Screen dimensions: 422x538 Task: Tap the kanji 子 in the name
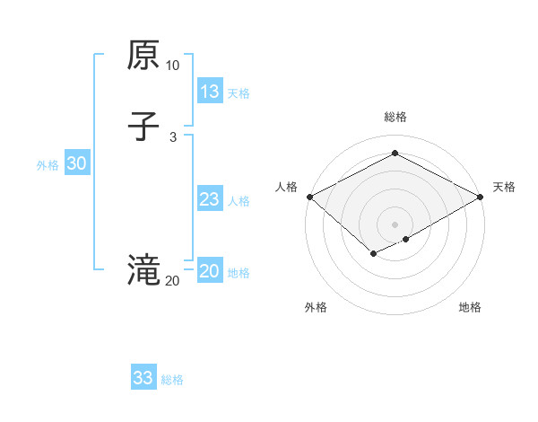143,126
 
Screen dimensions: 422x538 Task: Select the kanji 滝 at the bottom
143,269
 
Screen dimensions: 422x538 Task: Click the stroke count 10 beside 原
172,66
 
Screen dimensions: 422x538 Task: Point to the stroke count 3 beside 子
172,136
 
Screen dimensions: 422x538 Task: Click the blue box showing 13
210,92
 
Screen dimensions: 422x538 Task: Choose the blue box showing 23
210,199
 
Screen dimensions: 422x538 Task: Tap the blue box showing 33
143,378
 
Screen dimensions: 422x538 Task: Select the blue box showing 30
77,163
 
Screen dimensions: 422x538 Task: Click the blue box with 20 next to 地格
210,271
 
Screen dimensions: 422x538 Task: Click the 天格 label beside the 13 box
239,93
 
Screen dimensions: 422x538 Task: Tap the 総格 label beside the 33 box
172,380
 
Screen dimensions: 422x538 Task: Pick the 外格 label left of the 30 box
48,165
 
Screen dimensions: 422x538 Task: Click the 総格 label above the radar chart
395,117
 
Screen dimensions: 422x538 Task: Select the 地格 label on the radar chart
470,307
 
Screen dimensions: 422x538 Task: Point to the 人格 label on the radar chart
287,187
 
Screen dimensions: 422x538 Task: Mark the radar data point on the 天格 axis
482,197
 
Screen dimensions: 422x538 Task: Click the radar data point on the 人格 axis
309,197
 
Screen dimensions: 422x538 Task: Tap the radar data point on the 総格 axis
395,153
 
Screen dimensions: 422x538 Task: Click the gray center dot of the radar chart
395,224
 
